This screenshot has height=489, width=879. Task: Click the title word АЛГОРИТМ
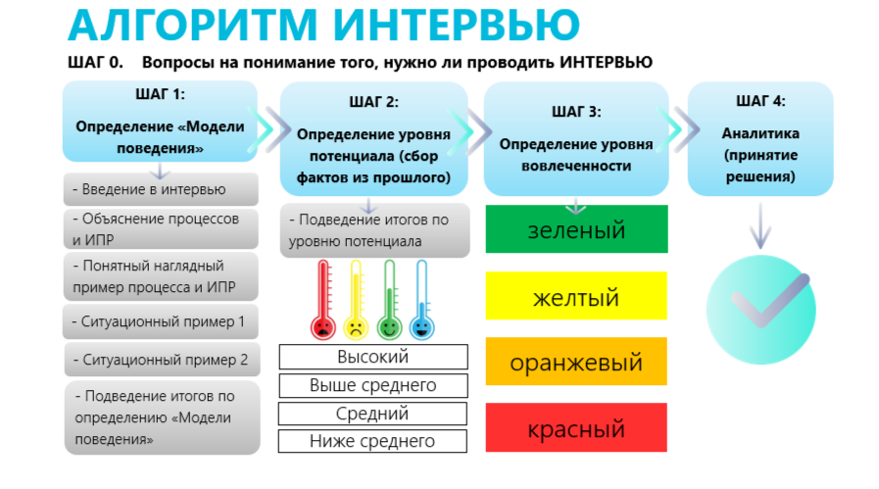[x=193, y=24]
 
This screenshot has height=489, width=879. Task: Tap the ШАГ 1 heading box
[x=160, y=122]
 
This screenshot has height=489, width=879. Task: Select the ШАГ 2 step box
[x=374, y=139]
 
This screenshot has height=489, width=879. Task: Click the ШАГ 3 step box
[x=576, y=139]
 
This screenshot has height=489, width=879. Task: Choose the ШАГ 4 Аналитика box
[x=760, y=139]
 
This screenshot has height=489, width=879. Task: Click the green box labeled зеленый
[x=577, y=228]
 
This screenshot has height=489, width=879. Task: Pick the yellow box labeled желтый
[x=576, y=296]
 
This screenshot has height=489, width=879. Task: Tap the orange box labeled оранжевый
[x=576, y=362]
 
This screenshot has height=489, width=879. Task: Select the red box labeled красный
[x=576, y=427]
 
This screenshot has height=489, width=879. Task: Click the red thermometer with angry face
[x=323, y=300]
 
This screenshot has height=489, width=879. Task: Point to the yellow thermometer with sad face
[x=356, y=300]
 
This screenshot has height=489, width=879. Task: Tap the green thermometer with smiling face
[x=389, y=300]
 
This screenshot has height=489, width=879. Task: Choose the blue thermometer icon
[x=421, y=300]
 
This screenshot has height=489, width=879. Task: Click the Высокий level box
[x=373, y=357]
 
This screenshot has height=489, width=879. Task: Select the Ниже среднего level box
[x=372, y=441]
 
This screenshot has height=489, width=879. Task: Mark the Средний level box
[x=372, y=414]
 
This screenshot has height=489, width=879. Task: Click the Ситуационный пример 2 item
[x=162, y=360]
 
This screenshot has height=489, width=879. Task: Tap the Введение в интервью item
[x=161, y=189]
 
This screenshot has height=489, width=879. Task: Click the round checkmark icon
[x=760, y=309]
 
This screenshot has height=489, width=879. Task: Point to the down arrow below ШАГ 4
[x=760, y=225]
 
